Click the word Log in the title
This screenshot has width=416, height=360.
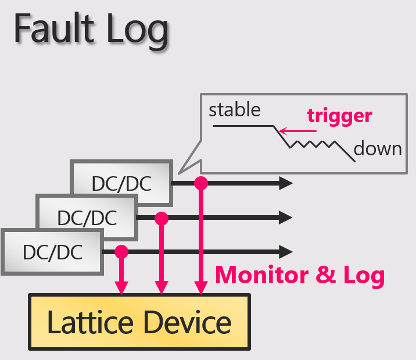coord(135,30)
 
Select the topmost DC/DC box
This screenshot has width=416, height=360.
coord(121,183)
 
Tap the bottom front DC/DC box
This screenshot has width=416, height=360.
coord(52,252)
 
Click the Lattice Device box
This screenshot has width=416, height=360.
coord(139,322)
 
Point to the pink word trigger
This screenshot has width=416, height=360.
coord(339,115)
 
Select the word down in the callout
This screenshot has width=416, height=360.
coord(378,148)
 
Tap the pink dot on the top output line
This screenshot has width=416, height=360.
coord(201,183)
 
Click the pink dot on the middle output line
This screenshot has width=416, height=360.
coord(162,218)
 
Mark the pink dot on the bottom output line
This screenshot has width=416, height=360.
coord(121,252)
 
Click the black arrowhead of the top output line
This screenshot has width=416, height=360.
coord(286,183)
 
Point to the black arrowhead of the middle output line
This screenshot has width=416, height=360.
coord(286,218)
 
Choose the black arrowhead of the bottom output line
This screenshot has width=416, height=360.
coord(286,252)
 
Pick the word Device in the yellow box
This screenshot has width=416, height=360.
coord(187,322)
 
